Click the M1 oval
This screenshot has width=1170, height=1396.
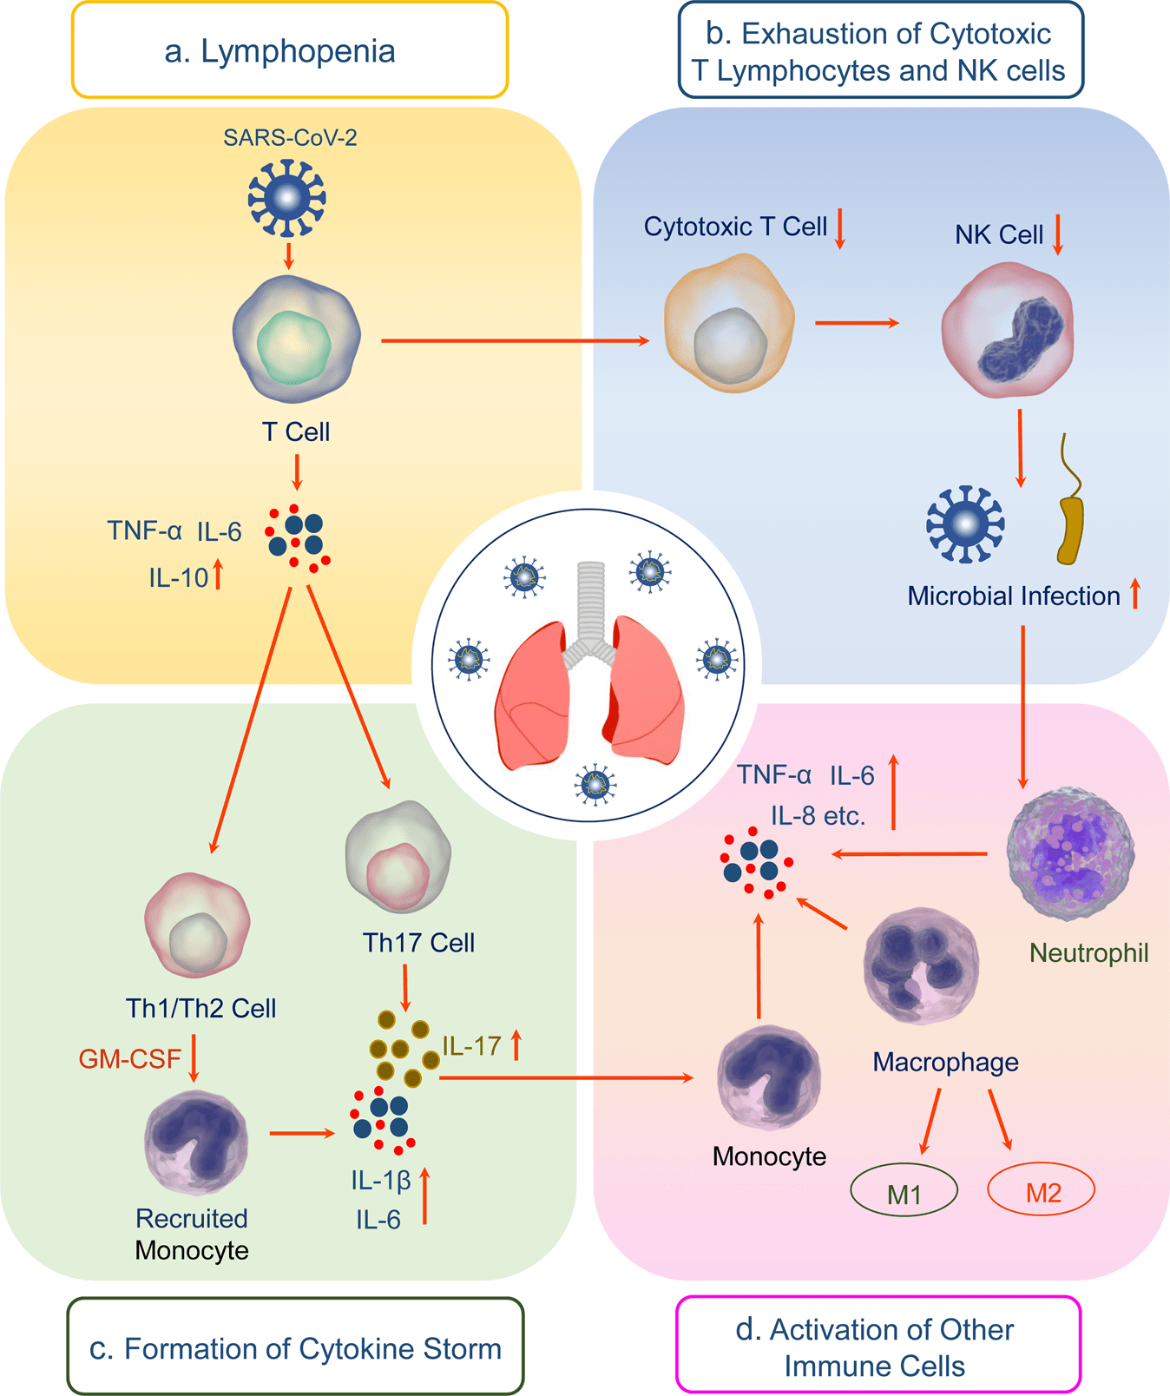904,1194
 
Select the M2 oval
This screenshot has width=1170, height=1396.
1042,1191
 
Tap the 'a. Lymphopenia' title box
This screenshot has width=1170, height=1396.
289,50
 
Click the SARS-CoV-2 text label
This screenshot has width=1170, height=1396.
290,138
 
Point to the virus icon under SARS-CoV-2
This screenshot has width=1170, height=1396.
287,198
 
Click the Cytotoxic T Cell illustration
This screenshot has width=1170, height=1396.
729,323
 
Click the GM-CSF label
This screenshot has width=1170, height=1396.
130,1059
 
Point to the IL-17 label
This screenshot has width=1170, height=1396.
472,1046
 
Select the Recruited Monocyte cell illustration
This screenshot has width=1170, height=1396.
197,1141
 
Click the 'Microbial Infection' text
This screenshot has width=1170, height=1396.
1014,596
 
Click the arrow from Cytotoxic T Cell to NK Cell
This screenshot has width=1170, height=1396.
857,323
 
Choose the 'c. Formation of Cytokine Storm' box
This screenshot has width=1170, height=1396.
295,1348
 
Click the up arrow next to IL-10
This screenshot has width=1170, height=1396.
218,575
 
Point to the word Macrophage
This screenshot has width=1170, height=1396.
945,1062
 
